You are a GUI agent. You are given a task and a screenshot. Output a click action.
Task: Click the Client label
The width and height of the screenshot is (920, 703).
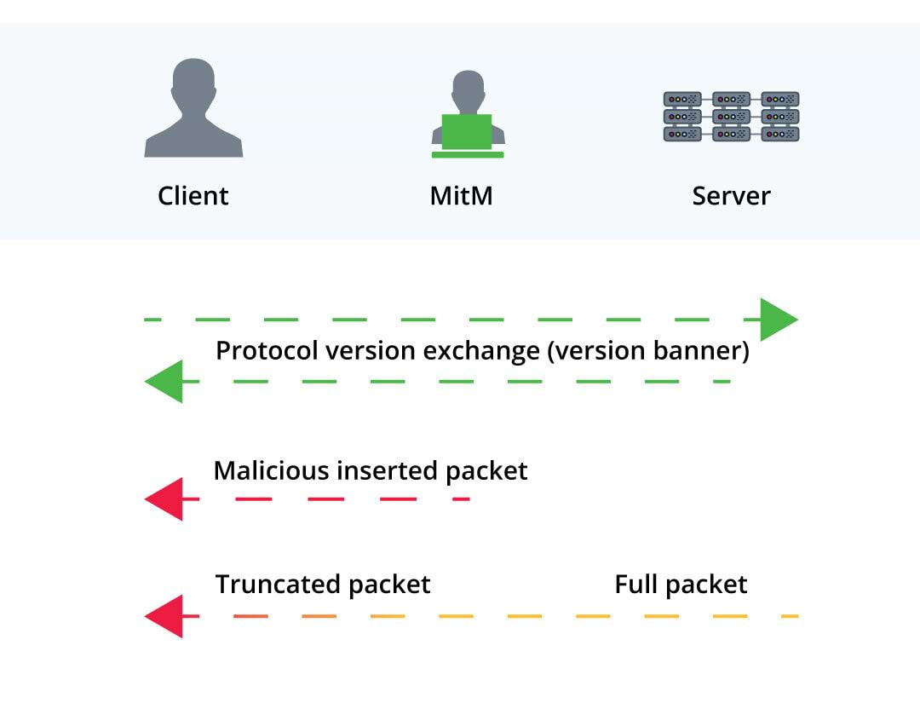[193, 195]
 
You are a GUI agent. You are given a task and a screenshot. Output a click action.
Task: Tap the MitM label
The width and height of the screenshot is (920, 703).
[461, 195]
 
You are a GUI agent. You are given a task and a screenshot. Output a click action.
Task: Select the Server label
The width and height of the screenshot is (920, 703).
[731, 195]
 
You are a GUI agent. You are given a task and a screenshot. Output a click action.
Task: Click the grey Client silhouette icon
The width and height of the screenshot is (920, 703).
[193, 107]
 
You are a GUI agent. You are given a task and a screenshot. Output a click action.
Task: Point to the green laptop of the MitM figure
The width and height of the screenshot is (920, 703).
[467, 135]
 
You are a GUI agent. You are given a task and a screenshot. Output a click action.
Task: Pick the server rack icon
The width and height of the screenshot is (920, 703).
[731, 116]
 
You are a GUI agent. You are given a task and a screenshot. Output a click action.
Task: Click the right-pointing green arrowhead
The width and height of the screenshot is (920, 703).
[779, 320]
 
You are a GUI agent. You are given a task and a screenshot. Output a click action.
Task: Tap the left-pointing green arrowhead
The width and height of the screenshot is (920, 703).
[164, 382]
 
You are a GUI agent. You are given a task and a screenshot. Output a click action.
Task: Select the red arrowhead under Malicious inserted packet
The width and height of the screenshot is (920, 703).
[164, 498]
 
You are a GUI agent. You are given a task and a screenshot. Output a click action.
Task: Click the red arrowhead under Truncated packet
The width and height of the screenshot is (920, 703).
[164, 616]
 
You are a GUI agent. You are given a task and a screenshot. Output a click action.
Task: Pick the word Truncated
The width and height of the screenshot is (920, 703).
[278, 585]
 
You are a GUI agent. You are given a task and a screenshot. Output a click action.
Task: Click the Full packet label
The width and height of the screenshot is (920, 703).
[681, 585]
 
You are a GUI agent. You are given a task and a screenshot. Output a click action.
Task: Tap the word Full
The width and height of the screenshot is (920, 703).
[636, 585]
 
